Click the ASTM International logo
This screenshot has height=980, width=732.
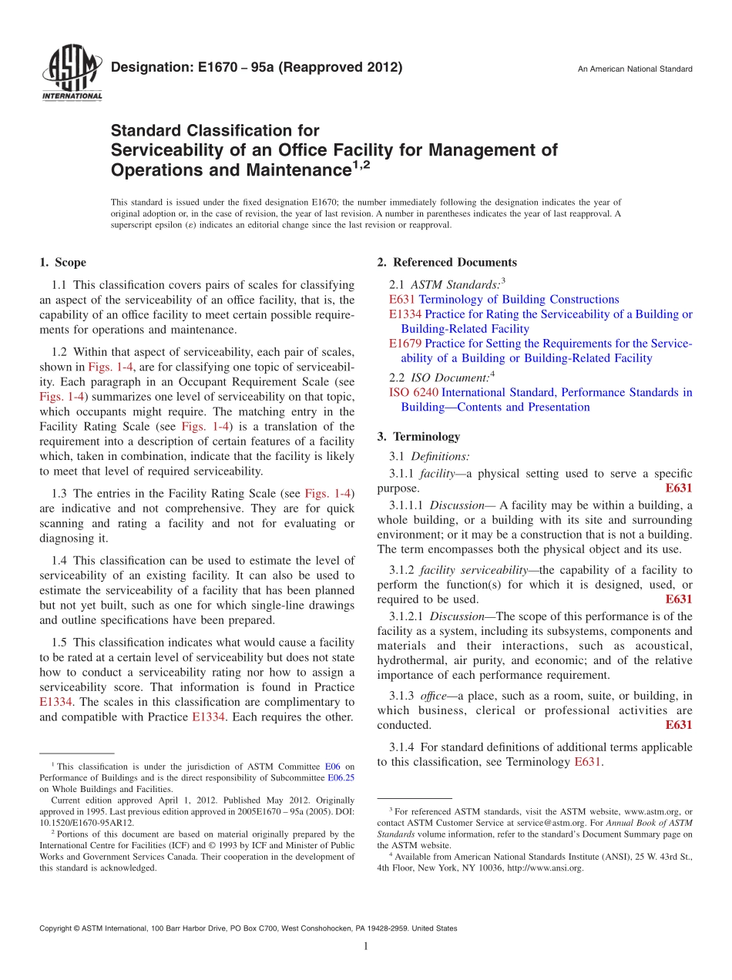71,73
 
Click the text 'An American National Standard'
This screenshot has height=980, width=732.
635,69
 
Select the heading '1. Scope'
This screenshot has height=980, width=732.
62,263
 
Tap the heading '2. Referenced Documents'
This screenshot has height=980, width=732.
447,263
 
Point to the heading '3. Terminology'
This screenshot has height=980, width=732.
418,437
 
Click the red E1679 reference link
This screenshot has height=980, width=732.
405,344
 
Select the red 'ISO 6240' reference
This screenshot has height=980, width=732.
413,393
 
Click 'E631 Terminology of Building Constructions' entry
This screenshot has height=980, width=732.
504,300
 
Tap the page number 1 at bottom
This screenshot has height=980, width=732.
366,946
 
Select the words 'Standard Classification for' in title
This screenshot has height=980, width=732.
215,131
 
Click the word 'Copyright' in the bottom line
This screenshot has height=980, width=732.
59,928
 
